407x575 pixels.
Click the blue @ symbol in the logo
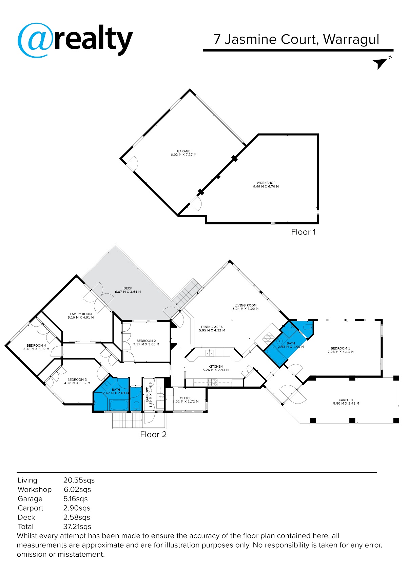[x=35, y=40]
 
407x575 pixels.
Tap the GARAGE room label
[x=183, y=151]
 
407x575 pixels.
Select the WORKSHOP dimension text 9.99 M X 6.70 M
[x=266, y=187]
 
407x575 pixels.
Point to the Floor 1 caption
[x=303, y=232]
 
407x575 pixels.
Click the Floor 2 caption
[x=153, y=434]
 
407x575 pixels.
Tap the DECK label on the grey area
[x=128, y=288]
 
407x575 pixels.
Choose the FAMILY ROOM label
[x=81, y=314]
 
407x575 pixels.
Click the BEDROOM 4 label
[x=36, y=345]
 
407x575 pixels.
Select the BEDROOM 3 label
[x=77, y=379]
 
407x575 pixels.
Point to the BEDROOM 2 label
[x=146, y=341]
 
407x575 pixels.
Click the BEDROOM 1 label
[x=340, y=348]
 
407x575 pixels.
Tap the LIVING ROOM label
[x=245, y=305]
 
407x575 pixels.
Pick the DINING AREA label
[x=212, y=327]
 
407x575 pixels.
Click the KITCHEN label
[x=215, y=366]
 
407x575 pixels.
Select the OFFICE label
[x=186, y=398]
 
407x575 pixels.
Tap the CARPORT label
[x=346, y=400]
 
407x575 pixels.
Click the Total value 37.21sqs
[x=77, y=527]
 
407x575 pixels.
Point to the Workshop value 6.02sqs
[x=77, y=490]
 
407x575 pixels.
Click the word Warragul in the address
[x=351, y=40]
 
